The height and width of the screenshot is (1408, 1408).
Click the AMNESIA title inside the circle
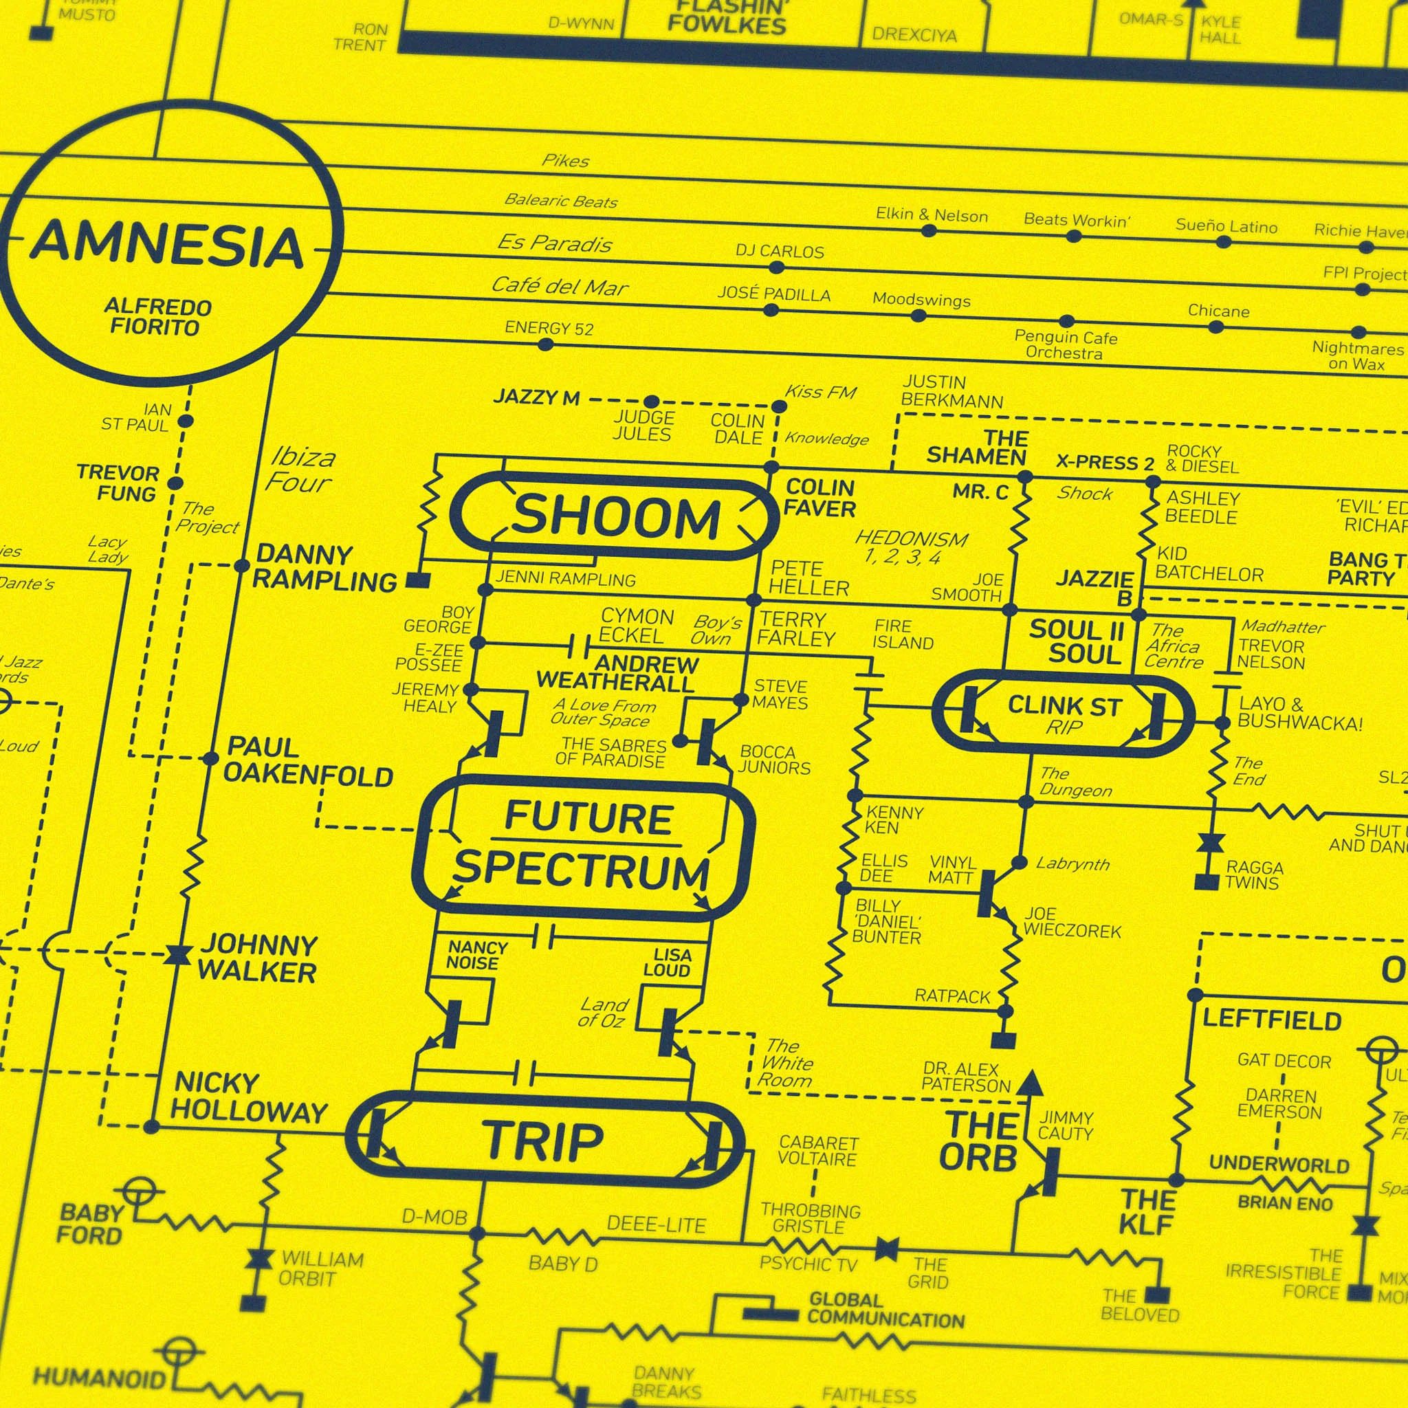click(x=166, y=245)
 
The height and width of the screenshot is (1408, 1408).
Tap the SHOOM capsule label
click(x=616, y=517)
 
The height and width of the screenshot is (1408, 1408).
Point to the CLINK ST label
click(x=1064, y=705)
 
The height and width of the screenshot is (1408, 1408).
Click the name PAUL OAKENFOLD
click(x=307, y=762)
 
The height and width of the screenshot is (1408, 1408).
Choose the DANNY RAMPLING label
click(x=325, y=568)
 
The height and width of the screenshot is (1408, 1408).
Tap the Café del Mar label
click(x=559, y=287)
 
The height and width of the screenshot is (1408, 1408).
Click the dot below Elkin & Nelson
click(x=928, y=231)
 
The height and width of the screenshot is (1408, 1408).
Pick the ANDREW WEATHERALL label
click(x=617, y=673)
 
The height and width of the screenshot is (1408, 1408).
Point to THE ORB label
click(x=979, y=1141)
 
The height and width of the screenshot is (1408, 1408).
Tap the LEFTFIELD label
click(x=1272, y=1020)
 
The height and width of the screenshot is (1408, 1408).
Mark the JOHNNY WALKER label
click(x=257, y=958)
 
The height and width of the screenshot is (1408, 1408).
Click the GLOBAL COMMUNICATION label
click(x=885, y=1310)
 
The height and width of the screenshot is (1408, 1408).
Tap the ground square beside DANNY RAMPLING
click(x=417, y=580)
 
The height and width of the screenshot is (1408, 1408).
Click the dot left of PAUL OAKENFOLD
click(x=210, y=759)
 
